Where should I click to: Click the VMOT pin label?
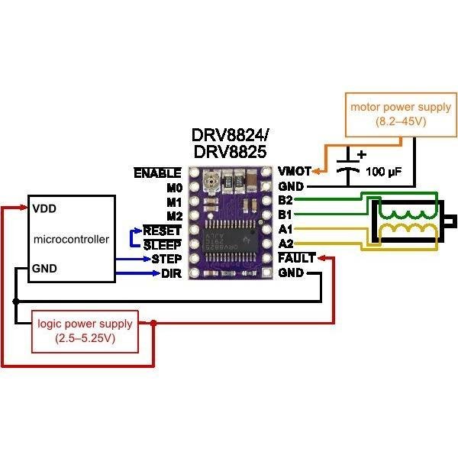pos(294,171)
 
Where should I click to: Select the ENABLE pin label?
pos(157,173)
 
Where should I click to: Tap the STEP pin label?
pos(166,260)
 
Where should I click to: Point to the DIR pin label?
pos(171,274)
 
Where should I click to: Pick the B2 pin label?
pos(286,200)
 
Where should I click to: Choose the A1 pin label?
pos(286,229)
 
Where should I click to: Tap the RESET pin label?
pos(163,231)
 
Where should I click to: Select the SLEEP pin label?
pos(163,245)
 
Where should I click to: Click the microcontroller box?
pos(72,239)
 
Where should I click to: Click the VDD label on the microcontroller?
pos(44,208)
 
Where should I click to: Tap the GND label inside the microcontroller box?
pos(44,269)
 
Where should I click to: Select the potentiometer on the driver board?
pos(212,180)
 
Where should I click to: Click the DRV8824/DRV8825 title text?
pos(231,144)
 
